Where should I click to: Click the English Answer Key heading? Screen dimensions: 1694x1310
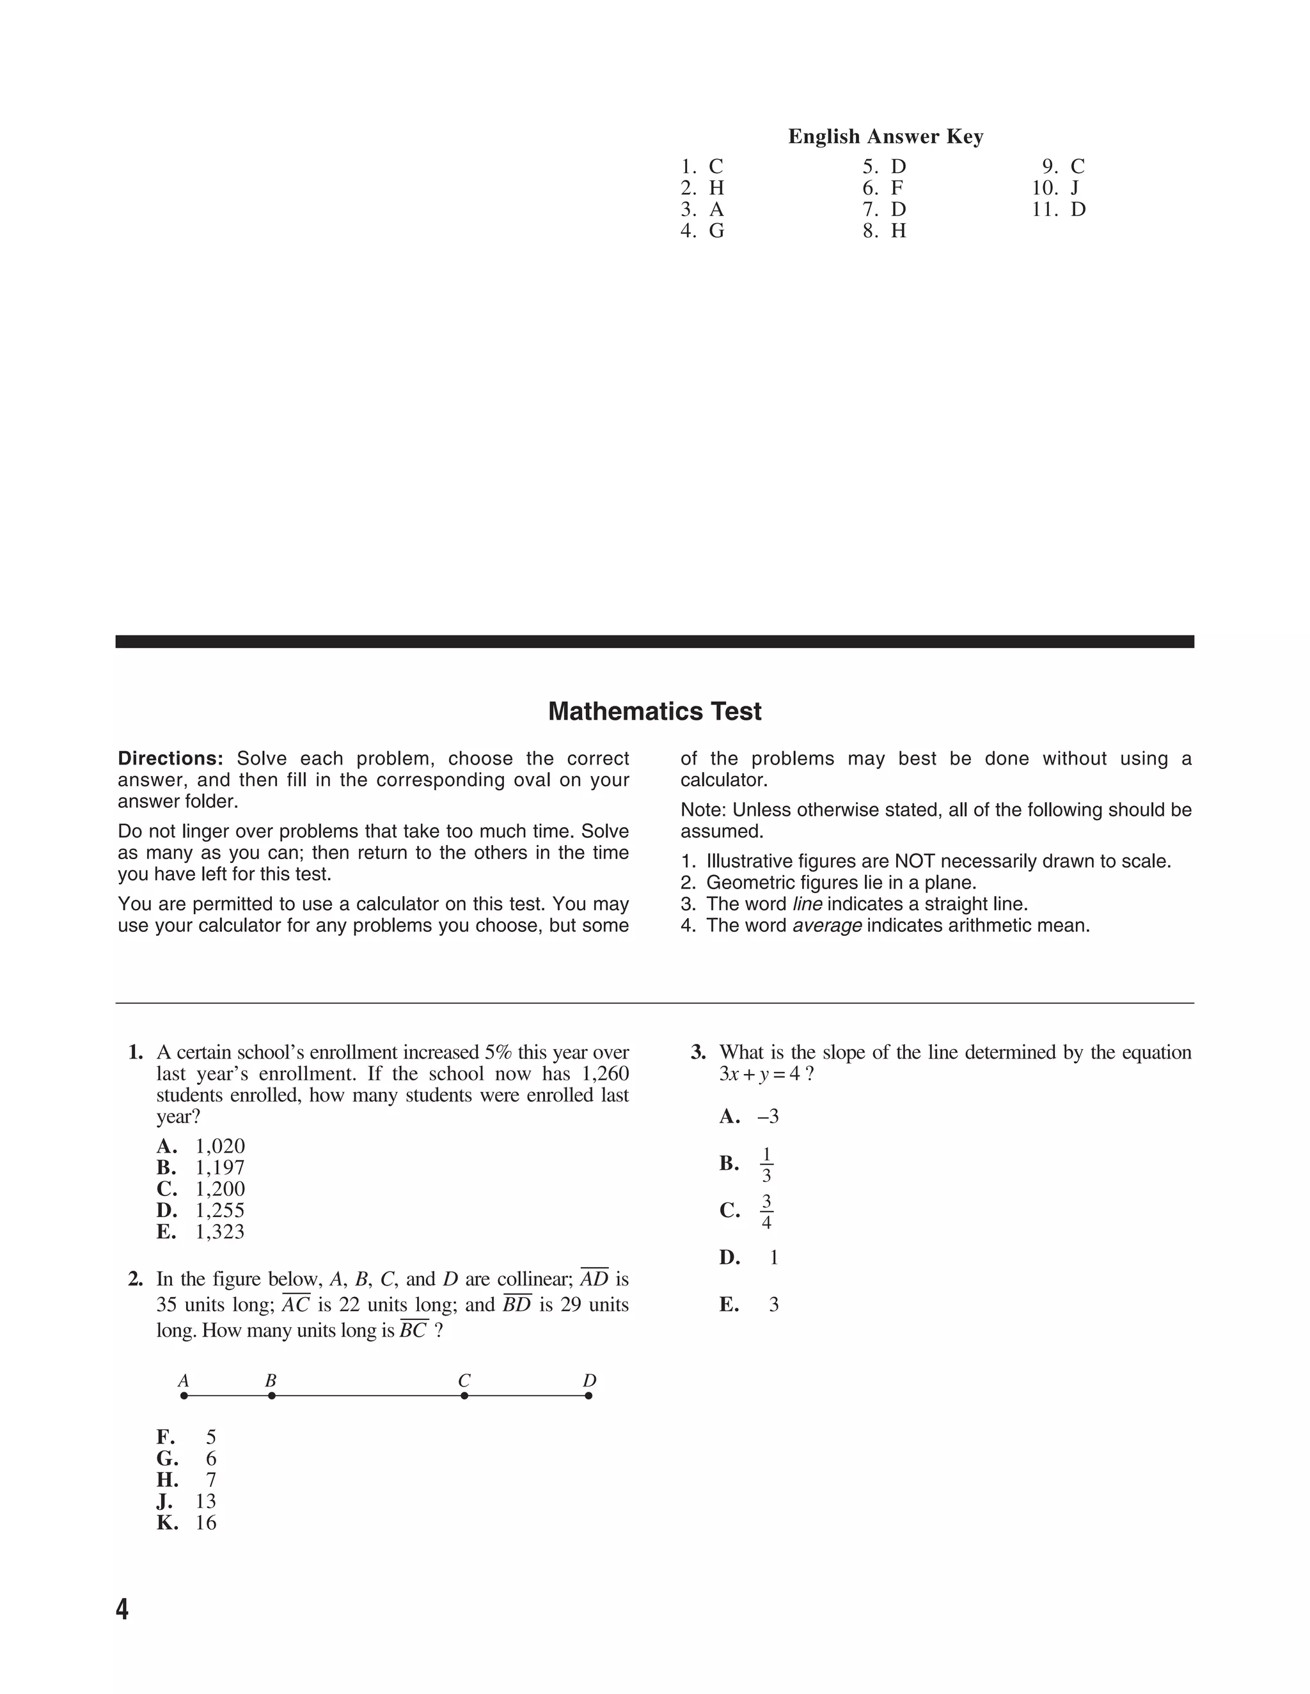(885, 137)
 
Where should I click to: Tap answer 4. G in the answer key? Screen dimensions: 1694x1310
(702, 231)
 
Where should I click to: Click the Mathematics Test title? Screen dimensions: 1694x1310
(654, 711)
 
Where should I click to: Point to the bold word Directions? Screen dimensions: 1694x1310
(171, 759)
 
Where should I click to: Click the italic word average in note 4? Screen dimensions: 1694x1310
(826, 926)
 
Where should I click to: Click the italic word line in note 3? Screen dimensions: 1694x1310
(807, 905)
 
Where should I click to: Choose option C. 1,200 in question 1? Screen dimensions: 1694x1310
(201, 1189)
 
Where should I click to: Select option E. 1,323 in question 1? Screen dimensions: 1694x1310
(201, 1232)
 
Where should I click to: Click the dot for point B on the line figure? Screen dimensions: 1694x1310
(272, 1395)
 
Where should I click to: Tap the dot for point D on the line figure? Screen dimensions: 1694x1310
(588, 1395)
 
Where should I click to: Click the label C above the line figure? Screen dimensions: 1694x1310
(464, 1381)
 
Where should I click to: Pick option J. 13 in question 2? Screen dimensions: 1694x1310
(187, 1501)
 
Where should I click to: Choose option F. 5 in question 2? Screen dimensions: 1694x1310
(187, 1437)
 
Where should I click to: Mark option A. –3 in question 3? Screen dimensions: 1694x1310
(750, 1116)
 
